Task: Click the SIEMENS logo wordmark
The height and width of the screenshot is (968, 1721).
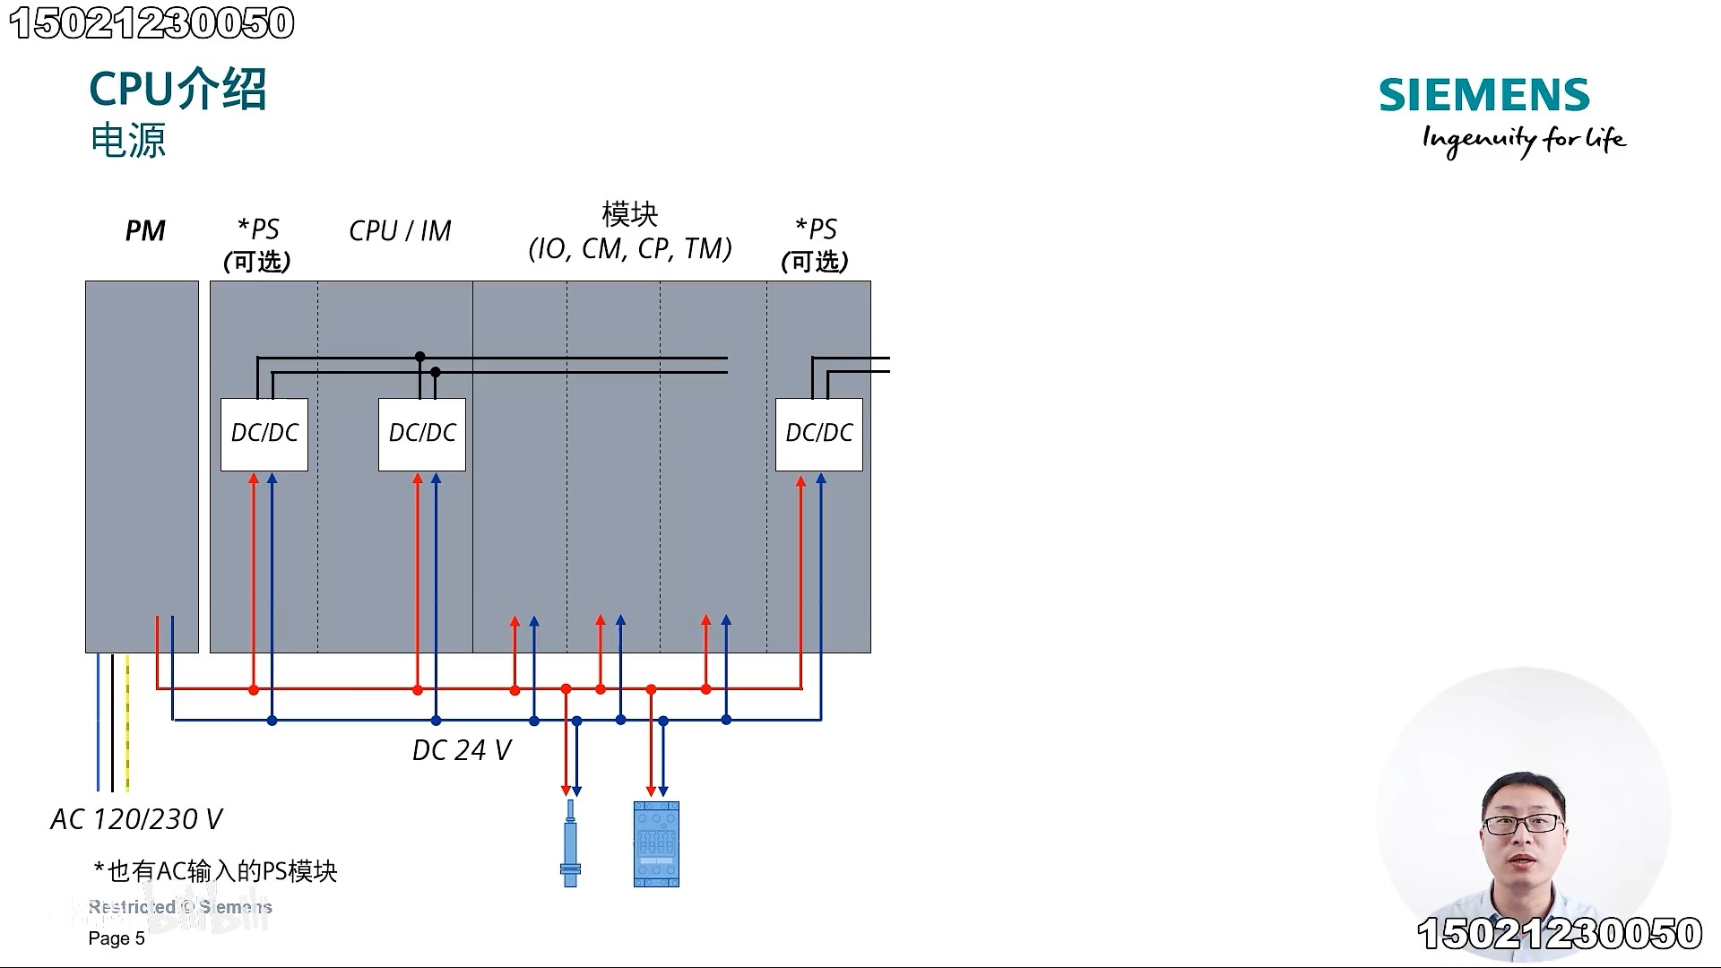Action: click(x=1483, y=95)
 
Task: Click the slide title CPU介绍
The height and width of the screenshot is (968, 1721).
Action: click(x=177, y=90)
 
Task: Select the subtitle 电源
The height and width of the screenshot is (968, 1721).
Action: click(x=128, y=141)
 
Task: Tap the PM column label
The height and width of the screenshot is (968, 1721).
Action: click(x=145, y=231)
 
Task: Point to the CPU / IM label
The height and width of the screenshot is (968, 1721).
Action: click(x=400, y=231)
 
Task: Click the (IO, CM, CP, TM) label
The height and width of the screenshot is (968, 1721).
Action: click(x=630, y=248)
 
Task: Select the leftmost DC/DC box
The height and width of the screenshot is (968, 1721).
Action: click(x=264, y=434)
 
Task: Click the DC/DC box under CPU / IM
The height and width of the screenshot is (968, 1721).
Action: click(x=422, y=434)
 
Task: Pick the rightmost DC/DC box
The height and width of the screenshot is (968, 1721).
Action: click(x=819, y=434)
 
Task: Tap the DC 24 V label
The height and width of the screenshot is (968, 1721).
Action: click(x=461, y=750)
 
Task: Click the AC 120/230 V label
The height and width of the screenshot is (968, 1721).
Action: click(x=136, y=819)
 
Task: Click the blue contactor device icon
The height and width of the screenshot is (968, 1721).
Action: click(x=656, y=844)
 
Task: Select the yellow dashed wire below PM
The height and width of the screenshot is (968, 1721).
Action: click(x=127, y=722)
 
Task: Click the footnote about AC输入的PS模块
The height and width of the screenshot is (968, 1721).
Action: click(x=215, y=871)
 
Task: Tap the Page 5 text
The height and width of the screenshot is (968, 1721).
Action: click(x=117, y=938)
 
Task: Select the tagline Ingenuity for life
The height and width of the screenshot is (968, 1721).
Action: click(x=1524, y=140)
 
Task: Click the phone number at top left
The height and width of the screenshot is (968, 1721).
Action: click(x=152, y=23)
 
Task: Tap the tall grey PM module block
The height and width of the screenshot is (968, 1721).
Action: click(x=142, y=466)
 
